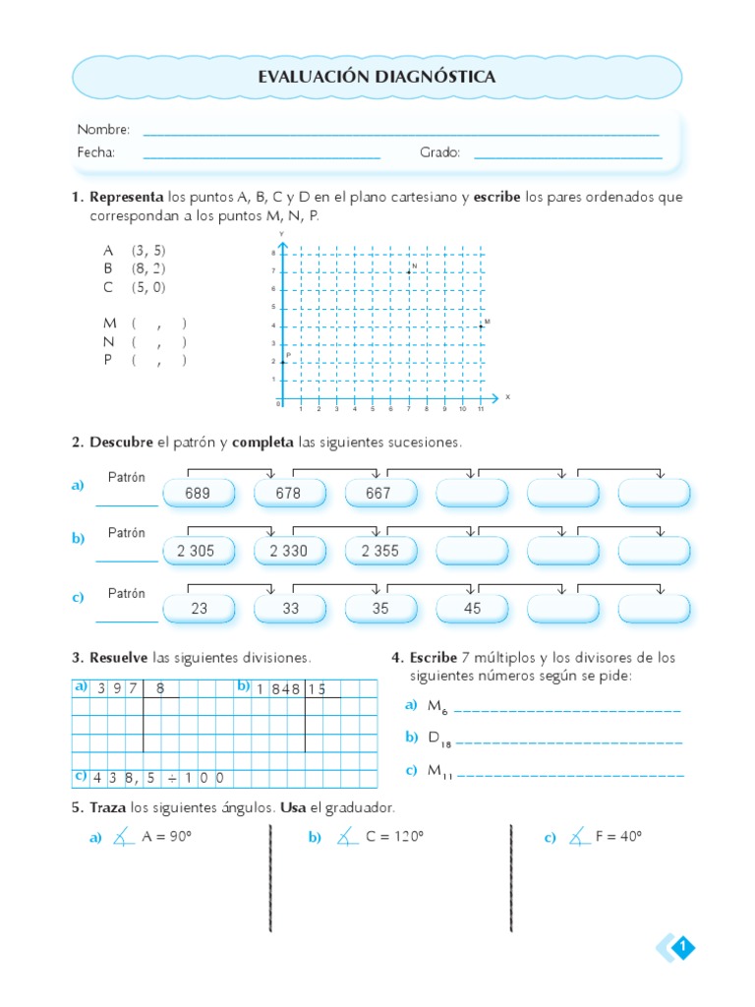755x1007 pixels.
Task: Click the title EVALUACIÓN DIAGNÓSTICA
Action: point(377,77)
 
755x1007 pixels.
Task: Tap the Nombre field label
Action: point(103,130)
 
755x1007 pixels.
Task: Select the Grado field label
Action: point(439,152)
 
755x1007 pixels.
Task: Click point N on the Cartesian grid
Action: point(409,271)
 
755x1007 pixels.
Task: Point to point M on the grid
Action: point(481,326)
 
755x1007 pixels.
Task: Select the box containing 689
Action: point(198,494)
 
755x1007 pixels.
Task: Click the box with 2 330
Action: point(289,551)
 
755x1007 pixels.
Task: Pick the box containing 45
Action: point(473,609)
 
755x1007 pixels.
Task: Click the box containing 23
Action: point(200,609)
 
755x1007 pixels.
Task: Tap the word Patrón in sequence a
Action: point(127,478)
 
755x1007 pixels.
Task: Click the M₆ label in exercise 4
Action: point(437,706)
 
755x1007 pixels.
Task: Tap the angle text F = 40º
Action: point(618,837)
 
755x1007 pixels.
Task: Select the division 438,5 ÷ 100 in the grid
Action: point(157,778)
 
